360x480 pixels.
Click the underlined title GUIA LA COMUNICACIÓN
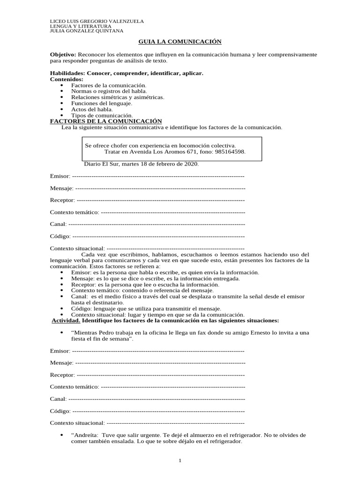coord(180,42)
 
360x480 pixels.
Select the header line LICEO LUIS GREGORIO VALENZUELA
coord(97,22)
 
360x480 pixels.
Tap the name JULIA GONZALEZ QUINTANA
coord(87,31)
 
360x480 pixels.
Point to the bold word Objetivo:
coord(63,55)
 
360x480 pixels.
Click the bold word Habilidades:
coord(67,74)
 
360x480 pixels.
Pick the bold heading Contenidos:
coord(67,80)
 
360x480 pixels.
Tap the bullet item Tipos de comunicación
coord(102,115)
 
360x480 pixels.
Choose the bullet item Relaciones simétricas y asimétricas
coord(117,97)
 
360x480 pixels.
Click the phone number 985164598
coord(230,152)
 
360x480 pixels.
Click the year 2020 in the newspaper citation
coord(191,164)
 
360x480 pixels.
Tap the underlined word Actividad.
coord(65,321)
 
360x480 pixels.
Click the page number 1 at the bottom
coord(180,461)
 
